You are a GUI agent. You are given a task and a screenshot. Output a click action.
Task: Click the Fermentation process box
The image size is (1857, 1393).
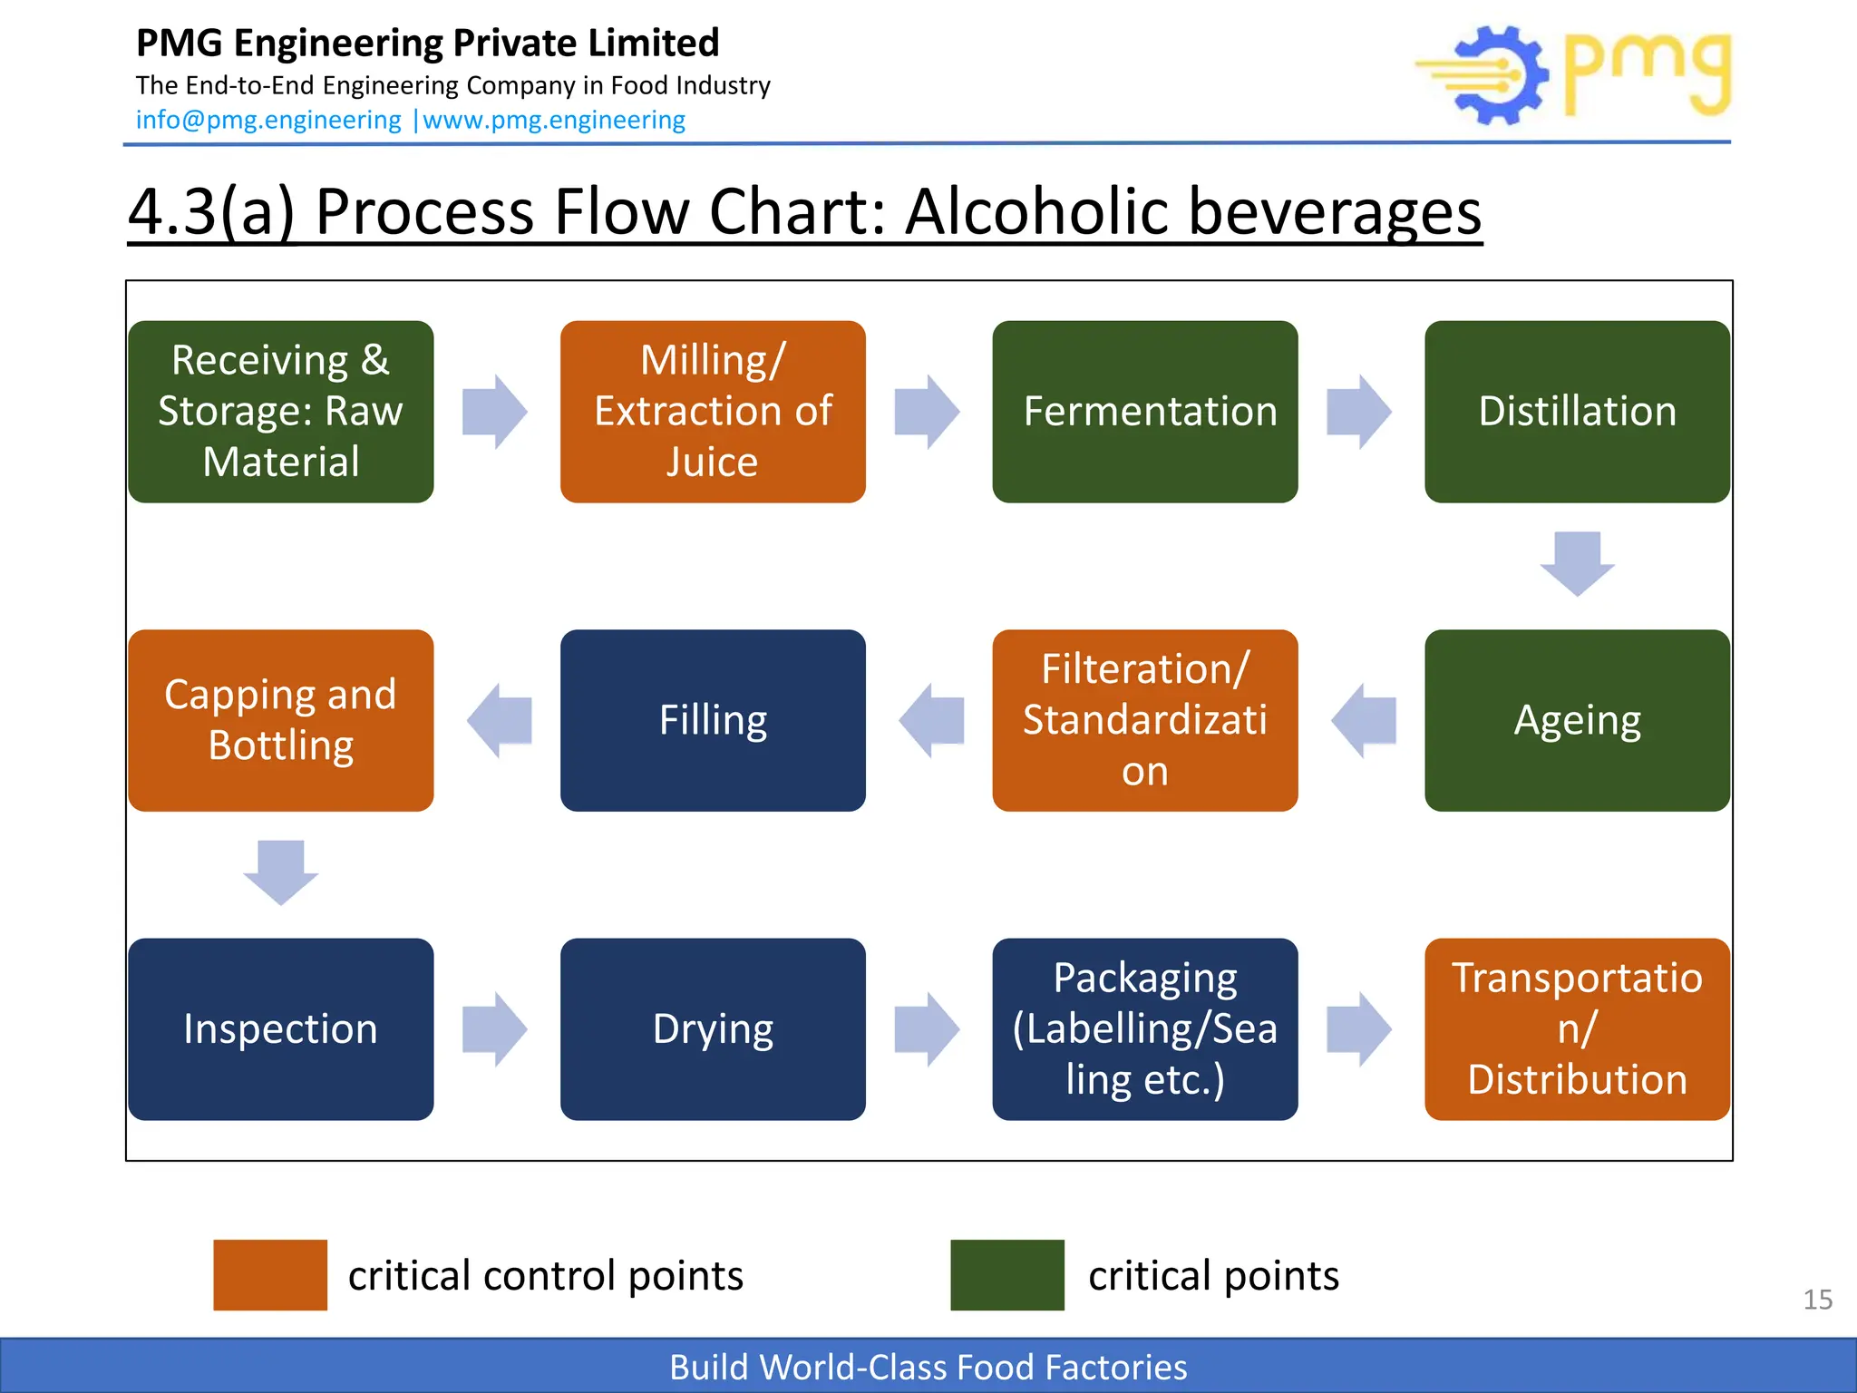coord(1144,411)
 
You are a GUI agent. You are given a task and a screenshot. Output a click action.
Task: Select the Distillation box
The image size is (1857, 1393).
coord(1577,411)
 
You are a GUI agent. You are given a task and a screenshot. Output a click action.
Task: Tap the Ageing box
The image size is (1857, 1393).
coord(1577,720)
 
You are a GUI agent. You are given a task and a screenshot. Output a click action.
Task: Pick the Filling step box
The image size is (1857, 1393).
coord(713,720)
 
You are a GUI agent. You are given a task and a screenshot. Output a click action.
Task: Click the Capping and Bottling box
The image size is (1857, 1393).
coord(280,720)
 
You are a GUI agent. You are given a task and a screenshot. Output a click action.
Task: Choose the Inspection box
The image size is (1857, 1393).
coord(280,1028)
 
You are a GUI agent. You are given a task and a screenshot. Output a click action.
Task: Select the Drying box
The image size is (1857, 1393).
coord(713,1028)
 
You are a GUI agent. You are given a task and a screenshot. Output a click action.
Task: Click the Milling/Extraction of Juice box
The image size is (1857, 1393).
coord(713,411)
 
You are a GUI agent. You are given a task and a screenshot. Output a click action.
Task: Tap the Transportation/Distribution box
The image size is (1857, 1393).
coord(1577,1028)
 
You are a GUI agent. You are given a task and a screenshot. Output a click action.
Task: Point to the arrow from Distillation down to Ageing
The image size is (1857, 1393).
coord(1577,563)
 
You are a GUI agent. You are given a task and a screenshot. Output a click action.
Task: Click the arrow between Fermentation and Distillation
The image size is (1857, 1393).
coord(1358,412)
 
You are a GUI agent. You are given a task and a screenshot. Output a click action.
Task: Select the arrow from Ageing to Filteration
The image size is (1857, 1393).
coord(1364,721)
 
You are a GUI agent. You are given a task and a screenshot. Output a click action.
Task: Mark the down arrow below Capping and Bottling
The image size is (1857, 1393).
coord(280,872)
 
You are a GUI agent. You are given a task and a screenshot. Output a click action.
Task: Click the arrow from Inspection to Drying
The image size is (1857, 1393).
coord(494,1029)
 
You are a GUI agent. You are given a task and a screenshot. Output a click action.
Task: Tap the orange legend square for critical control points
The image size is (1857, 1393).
coord(270,1274)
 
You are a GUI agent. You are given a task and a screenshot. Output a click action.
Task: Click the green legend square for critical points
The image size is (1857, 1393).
coord(1006,1274)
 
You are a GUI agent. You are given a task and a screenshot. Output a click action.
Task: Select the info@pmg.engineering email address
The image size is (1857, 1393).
coord(268,120)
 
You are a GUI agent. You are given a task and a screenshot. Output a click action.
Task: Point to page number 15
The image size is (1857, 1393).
coord(1817,1300)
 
